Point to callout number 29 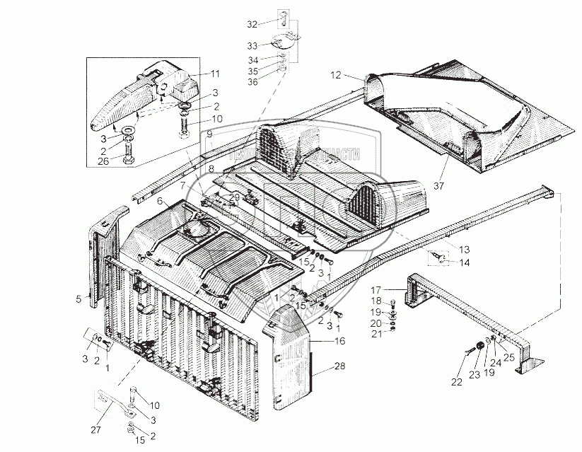point(235,196)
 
